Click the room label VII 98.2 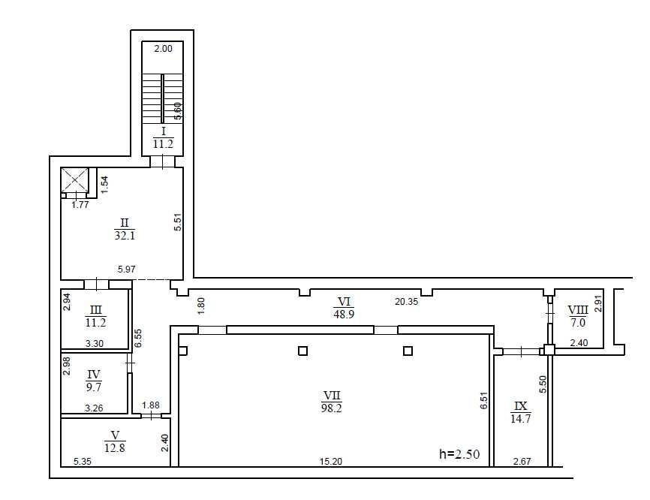pyautogui.click(x=332, y=402)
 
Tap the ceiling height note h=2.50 pyautogui.click(x=459, y=454)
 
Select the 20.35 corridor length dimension pyautogui.click(x=406, y=301)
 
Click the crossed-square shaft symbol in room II pyautogui.click(x=74, y=180)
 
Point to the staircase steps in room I pyautogui.click(x=162, y=98)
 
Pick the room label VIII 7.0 pyautogui.click(x=578, y=316)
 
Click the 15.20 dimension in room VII pyautogui.click(x=331, y=461)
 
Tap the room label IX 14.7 pyautogui.click(x=521, y=412)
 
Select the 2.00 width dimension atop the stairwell pyautogui.click(x=163, y=49)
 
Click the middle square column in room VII pyautogui.click(x=303, y=351)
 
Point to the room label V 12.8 pyautogui.click(x=115, y=441)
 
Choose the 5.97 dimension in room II pyautogui.click(x=126, y=269)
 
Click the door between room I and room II pyautogui.click(x=162, y=161)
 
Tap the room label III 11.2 pyautogui.click(x=95, y=316)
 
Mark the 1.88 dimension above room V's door pyautogui.click(x=150, y=405)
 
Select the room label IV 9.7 pyautogui.click(x=94, y=381)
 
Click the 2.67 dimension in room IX pyautogui.click(x=522, y=461)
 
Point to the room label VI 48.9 pyautogui.click(x=344, y=308)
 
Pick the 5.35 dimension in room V pyautogui.click(x=82, y=461)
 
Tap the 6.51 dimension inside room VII pyautogui.click(x=484, y=401)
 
